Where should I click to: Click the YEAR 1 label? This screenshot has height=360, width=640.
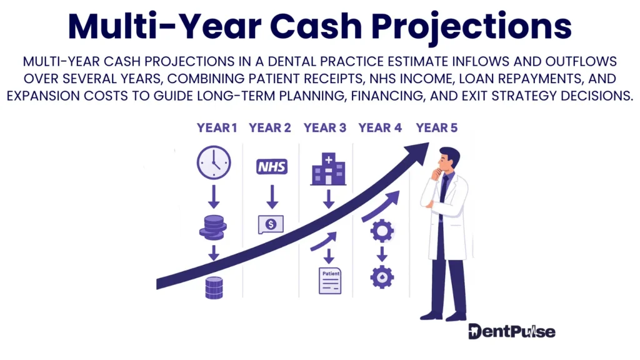click(x=217, y=128)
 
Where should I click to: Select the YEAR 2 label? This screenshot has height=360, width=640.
click(x=270, y=128)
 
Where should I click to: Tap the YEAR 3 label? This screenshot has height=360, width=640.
click(x=325, y=128)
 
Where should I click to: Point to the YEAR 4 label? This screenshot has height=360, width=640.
click(x=380, y=128)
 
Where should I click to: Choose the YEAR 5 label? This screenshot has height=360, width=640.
click(x=437, y=128)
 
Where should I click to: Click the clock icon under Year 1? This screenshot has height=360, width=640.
click(x=214, y=163)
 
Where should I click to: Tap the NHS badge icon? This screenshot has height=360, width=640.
click(x=272, y=166)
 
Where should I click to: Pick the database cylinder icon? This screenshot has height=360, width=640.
click(x=214, y=287)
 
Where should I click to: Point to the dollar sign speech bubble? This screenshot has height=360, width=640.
click(x=271, y=224)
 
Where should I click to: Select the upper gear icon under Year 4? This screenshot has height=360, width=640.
click(x=381, y=231)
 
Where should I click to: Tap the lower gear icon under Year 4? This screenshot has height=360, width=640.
click(x=381, y=276)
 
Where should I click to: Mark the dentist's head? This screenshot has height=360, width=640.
click(x=448, y=159)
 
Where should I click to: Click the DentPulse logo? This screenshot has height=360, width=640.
click(x=511, y=331)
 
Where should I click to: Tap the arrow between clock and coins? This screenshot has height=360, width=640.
click(x=214, y=196)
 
